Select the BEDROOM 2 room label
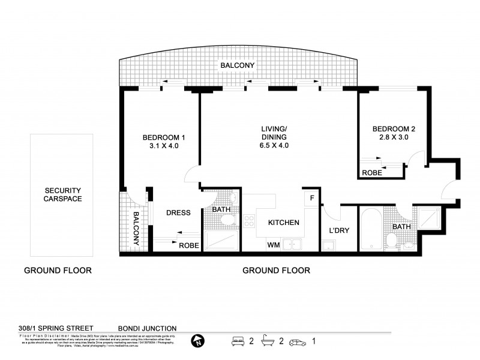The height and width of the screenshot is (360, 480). point(393,128)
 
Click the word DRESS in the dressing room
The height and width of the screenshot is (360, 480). point(178,212)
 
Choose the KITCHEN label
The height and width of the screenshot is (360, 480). point(283,223)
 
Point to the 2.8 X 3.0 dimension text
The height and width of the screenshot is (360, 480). point(393,137)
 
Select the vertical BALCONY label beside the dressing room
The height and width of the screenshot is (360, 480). point(136,229)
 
